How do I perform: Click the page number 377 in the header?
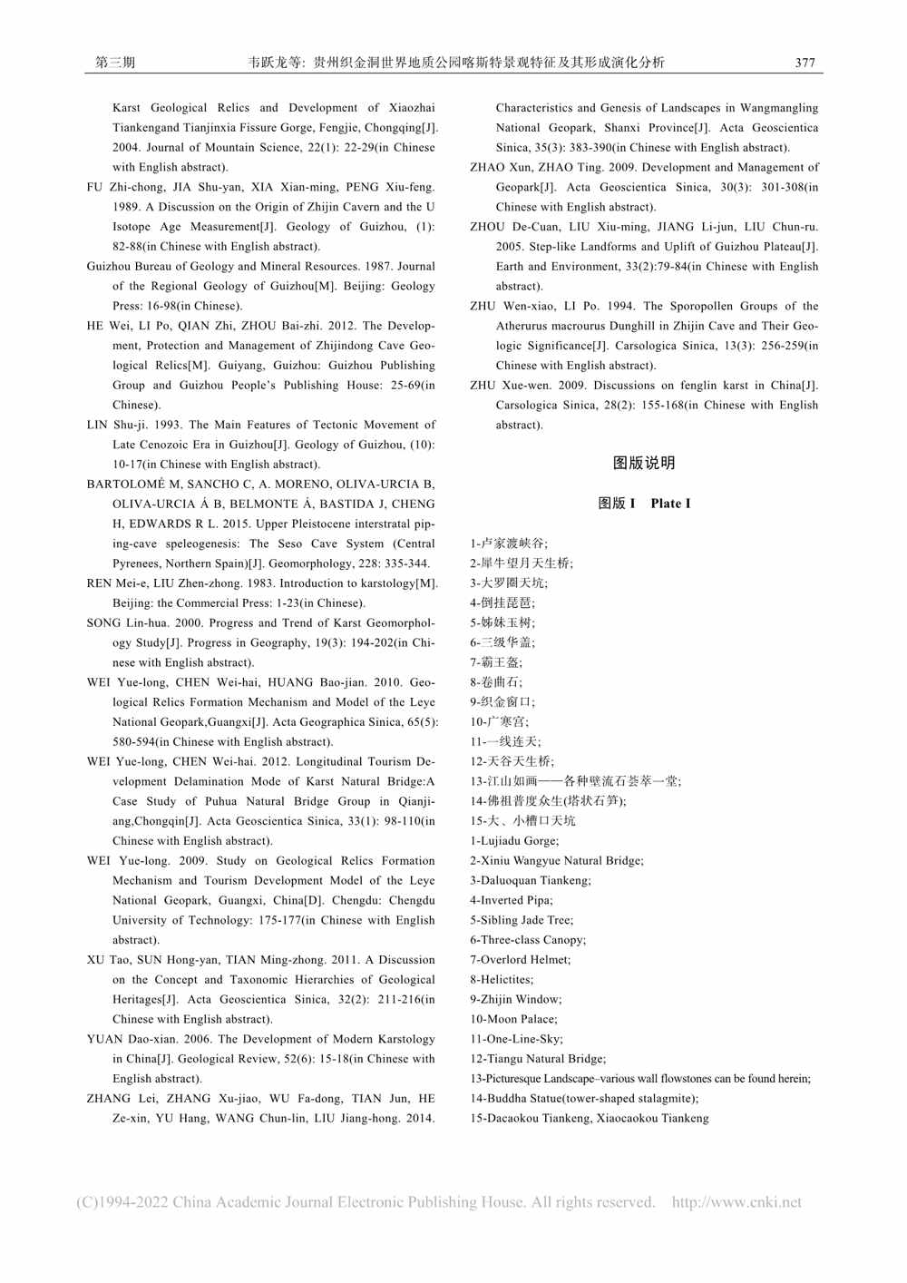(805, 63)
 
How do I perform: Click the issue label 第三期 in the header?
(115, 63)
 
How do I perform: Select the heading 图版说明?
(644, 464)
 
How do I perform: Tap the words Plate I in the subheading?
(670, 504)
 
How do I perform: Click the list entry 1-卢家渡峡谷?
(509, 544)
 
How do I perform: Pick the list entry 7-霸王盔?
(496, 662)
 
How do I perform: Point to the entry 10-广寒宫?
(499, 721)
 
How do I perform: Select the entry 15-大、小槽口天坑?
(522, 820)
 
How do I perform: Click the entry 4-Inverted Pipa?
(511, 900)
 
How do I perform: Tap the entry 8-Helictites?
(502, 980)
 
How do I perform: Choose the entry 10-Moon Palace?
(513, 1019)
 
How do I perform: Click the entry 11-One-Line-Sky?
(516, 1039)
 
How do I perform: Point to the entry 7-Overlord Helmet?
(520, 960)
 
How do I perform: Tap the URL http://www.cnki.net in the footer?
(736, 1202)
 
